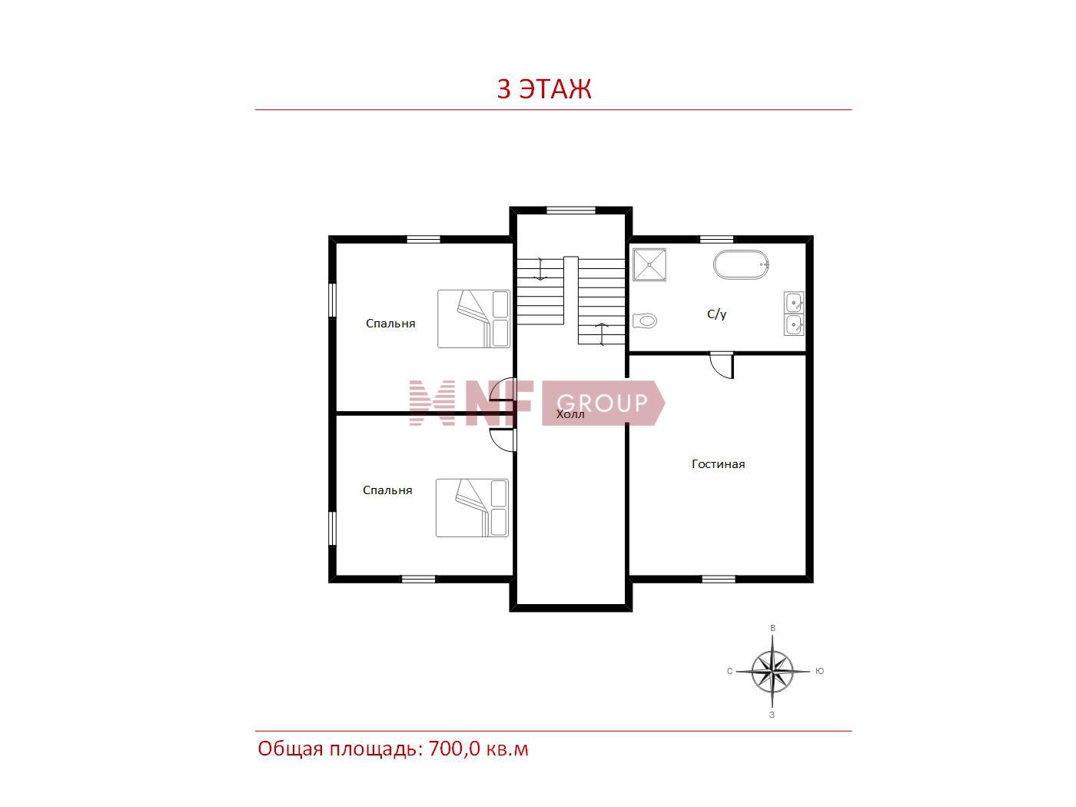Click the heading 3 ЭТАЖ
(x=543, y=88)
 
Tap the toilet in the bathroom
(x=645, y=321)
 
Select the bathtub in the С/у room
(x=741, y=264)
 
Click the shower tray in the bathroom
(x=649, y=264)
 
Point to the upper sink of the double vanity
(x=794, y=302)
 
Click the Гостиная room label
(x=718, y=464)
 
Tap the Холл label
(x=570, y=414)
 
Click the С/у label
(x=716, y=314)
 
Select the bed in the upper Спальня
(x=473, y=319)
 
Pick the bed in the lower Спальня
(x=472, y=508)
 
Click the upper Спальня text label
(x=390, y=324)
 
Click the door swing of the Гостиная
(x=722, y=365)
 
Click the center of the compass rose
(x=772, y=671)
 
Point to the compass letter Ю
(x=819, y=671)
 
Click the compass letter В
(x=772, y=628)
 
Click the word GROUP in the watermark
(x=602, y=403)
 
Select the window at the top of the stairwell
(x=570, y=210)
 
